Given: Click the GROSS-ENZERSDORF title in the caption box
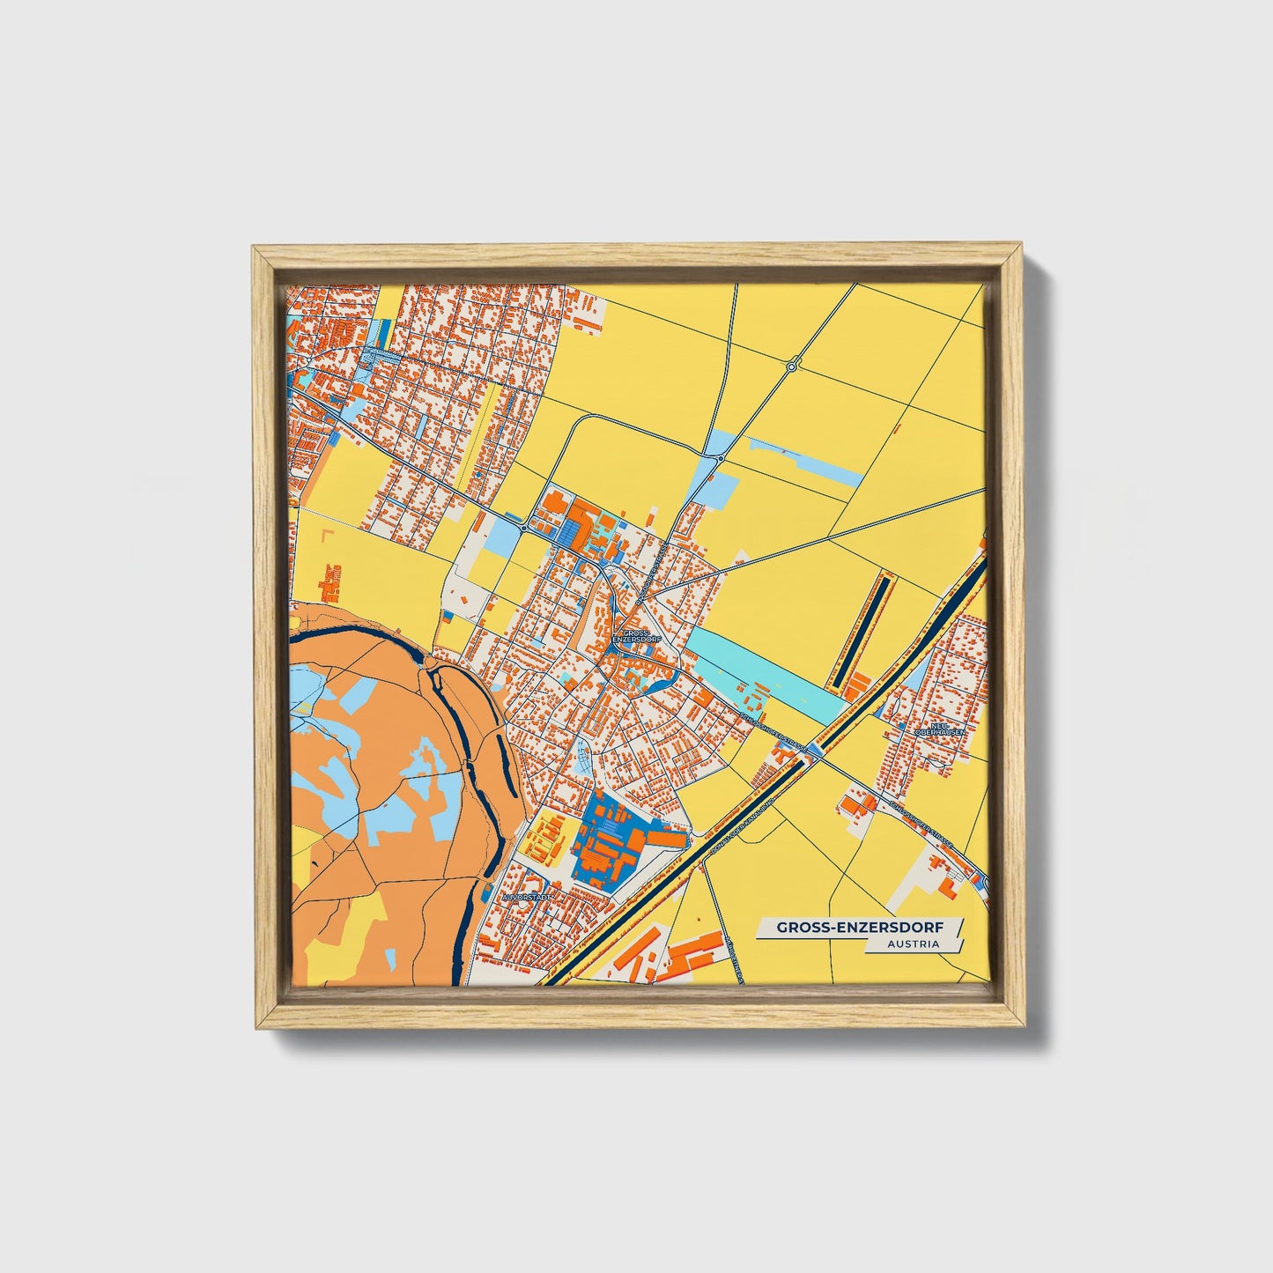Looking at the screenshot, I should pos(858,927).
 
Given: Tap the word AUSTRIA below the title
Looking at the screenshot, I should pos(914,944).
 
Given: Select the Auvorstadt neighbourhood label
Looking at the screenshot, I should pos(527,897).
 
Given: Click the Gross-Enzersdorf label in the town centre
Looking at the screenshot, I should pos(633,636).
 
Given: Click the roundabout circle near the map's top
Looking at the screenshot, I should pos(791,366).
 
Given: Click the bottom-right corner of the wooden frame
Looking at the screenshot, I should pos(1024,1027).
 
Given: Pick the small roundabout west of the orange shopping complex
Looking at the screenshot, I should pos(524,528).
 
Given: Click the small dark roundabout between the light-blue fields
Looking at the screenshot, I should pos(721,459).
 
